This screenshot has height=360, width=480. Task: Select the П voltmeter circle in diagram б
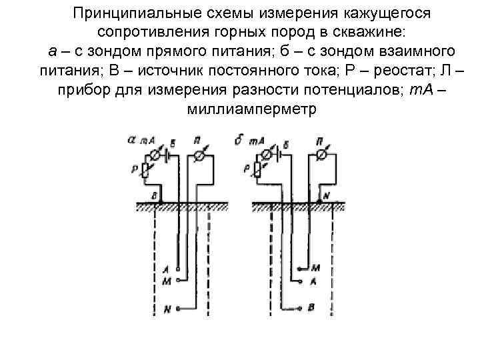tap(322, 155)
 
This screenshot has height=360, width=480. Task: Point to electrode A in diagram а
tap(177, 269)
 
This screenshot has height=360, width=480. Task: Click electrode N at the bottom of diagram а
tap(177, 308)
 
